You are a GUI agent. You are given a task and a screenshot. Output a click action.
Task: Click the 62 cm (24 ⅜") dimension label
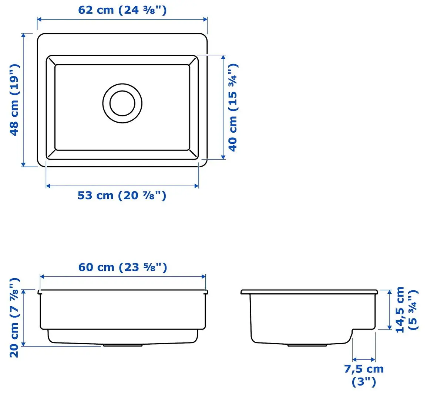coord(122,10)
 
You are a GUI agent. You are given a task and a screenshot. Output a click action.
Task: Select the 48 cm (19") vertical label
coord(14,100)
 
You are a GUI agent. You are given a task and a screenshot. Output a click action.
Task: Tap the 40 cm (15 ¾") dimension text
coord(233,107)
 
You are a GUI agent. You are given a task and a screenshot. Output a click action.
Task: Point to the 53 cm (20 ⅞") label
coord(122,195)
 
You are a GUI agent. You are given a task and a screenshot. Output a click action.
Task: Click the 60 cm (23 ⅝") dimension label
coord(122,267)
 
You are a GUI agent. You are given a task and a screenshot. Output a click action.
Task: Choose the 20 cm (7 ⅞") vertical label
coord(14,318)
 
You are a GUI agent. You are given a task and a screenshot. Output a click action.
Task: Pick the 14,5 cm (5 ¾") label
coord(406,310)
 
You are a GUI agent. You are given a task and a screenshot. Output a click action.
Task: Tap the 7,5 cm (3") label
coord(364,375)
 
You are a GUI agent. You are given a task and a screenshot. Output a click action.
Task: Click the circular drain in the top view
coord(122,103)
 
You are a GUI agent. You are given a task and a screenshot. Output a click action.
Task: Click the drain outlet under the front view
coord(122,345)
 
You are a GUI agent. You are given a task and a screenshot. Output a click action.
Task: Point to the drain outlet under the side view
coord(307,345)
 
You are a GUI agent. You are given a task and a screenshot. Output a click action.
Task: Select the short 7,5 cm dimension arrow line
coord(364,359)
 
